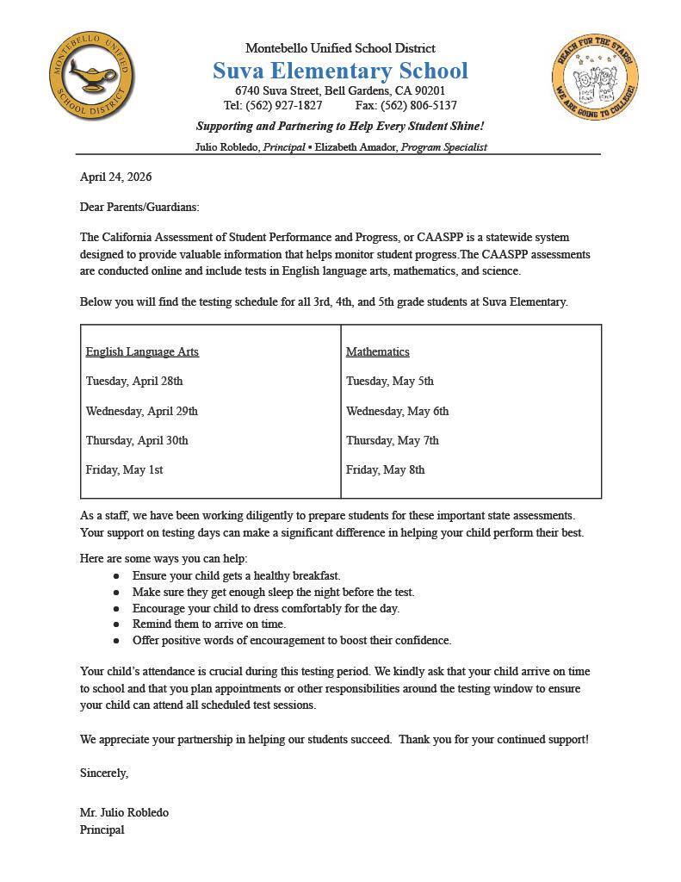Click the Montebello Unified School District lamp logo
tap(91, 78)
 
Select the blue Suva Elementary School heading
tap(340, 71)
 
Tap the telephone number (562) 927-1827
tap(284, 106)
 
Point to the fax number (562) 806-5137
tap(418, 106)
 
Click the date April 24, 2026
tap(115, 177)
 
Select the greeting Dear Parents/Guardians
tap(139, 207)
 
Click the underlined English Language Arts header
tap(142, 351)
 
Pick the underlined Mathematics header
tap(377, 351)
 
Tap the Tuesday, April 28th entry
tap(134, 381)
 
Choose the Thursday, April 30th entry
tap(137, 440)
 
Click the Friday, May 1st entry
tap(124, 469)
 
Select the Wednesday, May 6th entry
tap(397, 411)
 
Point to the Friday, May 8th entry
tap(385, 469)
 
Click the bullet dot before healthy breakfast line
tap(116, 576)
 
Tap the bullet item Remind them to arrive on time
tap(209, 624)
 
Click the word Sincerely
tap(104, 773)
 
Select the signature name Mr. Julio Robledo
tap(124, 812)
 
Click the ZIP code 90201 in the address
tap(430, 90)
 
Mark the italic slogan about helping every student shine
tap(340, 126)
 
